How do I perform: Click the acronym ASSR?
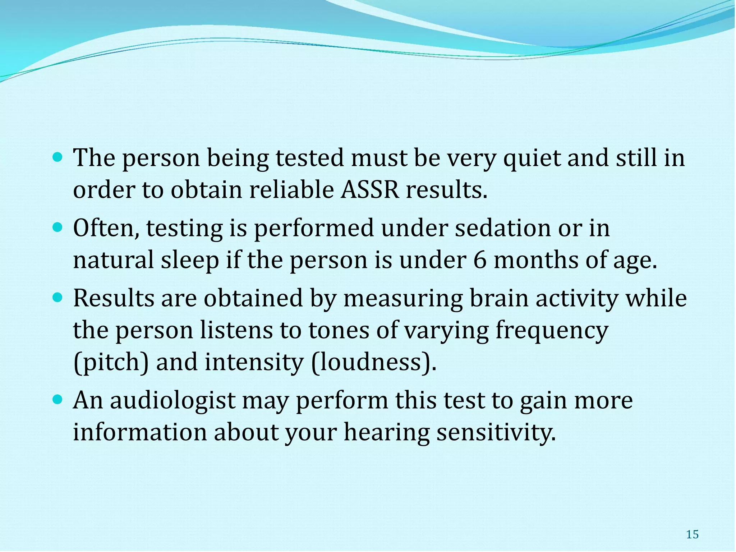point(370,190)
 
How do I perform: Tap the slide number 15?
point(692,535)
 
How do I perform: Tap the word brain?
point(499,298)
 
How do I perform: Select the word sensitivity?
point(496,432)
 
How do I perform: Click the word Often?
point(106,228)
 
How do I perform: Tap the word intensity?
point(254,362)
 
